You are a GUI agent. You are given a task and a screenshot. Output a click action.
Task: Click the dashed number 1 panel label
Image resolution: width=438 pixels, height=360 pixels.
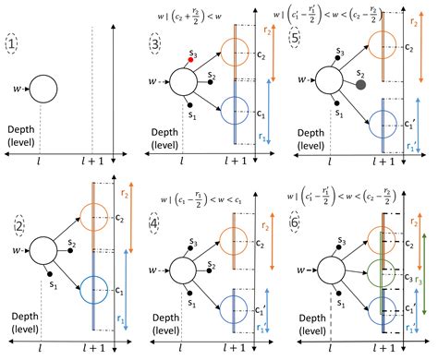(x=13, y=44)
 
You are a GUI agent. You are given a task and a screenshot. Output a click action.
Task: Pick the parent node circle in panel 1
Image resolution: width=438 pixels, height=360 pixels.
(x=43, y=90)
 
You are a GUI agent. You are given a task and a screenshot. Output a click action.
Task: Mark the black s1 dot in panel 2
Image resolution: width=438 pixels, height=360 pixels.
(x=48, y=275)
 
